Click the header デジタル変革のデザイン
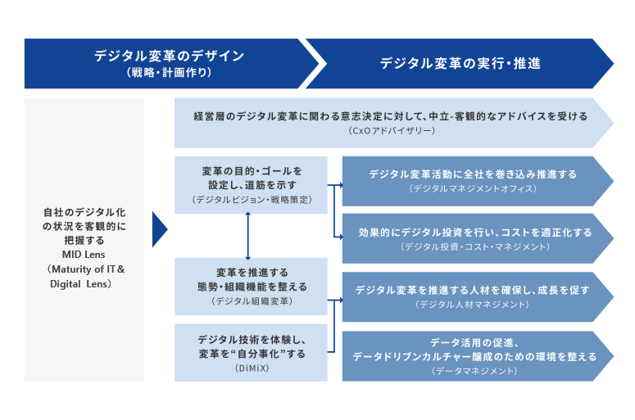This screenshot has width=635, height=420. click(x=169, y=56)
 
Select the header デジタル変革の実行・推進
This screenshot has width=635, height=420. click(x=460, y=63)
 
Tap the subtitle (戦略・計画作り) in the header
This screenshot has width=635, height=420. click(x=169, y=73)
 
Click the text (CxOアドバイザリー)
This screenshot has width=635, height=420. click(x=391, y=131)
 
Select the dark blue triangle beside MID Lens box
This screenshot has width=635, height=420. click(x=159, y=231)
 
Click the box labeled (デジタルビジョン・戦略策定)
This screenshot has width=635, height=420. click(x=251, y=185)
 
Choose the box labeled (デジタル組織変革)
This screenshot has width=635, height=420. click(x=251, y=287)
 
